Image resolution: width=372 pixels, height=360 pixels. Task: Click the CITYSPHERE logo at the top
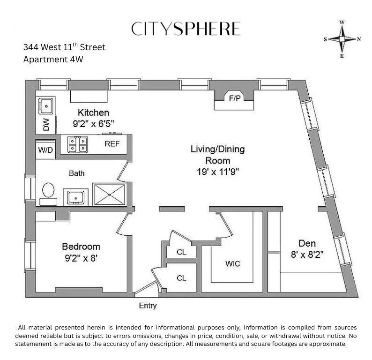tap(186, 29)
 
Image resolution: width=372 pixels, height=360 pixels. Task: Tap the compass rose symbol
tap(342, 39)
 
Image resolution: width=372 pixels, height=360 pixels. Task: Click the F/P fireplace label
tap(234, 99)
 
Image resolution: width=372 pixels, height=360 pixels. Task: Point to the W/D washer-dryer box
tap(45, 150)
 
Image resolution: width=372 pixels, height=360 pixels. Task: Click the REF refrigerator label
tap(112, 144)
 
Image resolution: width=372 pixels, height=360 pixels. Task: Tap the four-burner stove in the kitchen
tap(77, 144)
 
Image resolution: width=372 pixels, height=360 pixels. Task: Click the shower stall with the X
tap(110, 194)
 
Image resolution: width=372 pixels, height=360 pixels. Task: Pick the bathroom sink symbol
tap(75, 196)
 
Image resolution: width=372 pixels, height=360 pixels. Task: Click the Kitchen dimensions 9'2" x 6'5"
tap(94, 124)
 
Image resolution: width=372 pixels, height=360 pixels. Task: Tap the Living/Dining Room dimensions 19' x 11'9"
tap(218, 171)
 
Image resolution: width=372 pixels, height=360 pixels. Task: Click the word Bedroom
tap(81, 247)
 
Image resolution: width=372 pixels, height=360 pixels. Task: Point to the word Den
tap(307, 243)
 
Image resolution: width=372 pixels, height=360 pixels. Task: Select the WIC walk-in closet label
tap(232, 264)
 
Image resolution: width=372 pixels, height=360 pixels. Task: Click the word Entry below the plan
tap(148, 306)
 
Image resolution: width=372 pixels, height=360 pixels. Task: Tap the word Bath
tap(77, 173)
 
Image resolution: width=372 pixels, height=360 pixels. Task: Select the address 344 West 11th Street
tap(64, 47)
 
